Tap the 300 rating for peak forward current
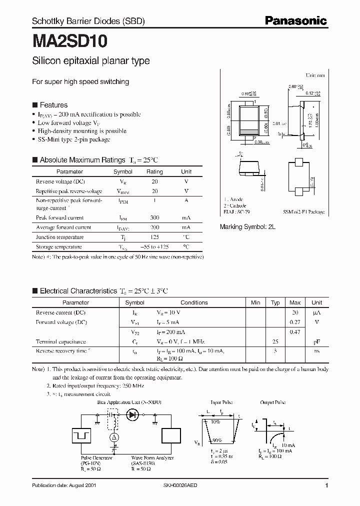click(154, 218)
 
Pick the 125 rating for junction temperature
click(154, 237)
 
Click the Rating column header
click(154, 171)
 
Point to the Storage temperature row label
click(59, 247)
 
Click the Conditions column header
click(194, 302)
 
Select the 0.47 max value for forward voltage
click(295, 332)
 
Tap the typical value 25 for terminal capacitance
click(275, 341)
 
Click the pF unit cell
click(316, 341)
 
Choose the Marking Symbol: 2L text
click(248, 226)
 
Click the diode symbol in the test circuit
click(133, 414)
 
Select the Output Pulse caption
click(273, 402)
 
